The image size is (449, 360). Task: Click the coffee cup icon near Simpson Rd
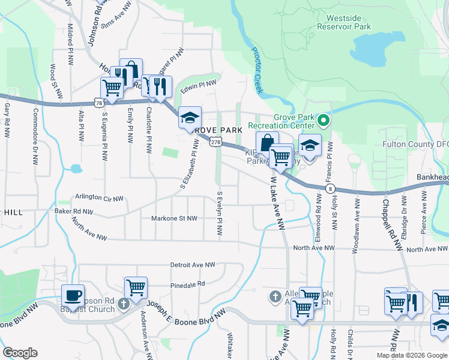[73, 295]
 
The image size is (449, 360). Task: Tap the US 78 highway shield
[97, 103]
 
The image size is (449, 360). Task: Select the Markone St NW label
[174, 218]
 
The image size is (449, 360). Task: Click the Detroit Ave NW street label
[192, 265]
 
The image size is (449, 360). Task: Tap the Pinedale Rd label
[187, 284]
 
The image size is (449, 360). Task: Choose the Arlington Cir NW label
[99, 197]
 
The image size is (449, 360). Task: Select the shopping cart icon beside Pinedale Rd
[136, 287]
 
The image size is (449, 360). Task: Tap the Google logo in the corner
[20, 352]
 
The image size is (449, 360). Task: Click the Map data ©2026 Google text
[411, 355]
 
